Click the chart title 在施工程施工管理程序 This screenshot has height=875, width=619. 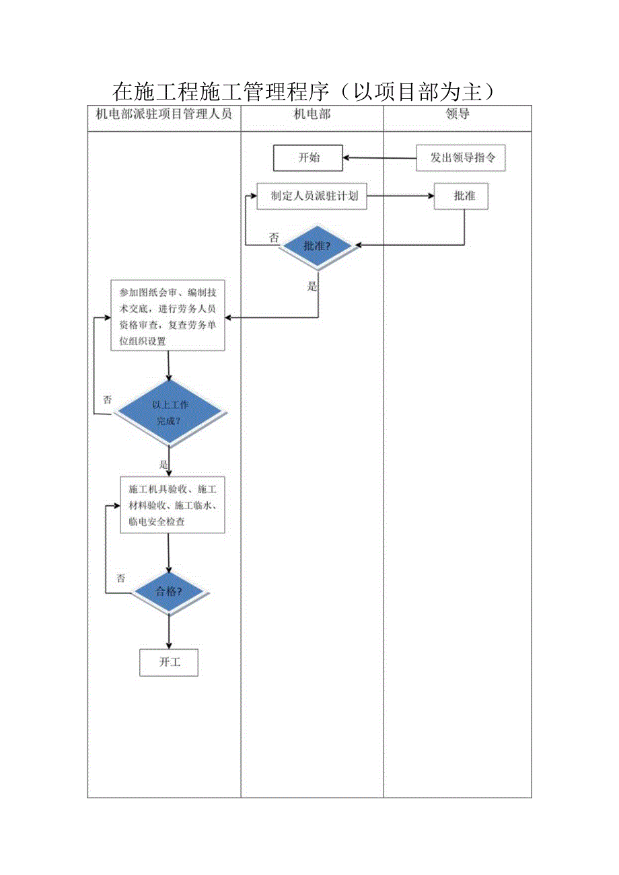305,91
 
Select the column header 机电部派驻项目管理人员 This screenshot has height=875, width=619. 163,114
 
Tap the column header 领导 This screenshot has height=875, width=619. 458,114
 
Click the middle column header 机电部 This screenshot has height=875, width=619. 312,114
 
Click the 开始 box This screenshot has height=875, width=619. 308,158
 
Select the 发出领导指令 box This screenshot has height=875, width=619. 461,158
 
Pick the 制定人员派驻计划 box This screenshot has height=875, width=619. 312,196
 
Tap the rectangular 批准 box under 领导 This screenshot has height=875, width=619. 462,196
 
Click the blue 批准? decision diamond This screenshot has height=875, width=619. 317,246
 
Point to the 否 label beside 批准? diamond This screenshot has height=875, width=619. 273,237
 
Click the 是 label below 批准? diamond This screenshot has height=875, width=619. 312,286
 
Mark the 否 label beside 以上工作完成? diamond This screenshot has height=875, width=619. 107,400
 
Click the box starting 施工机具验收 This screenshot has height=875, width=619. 172,504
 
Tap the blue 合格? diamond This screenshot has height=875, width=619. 169,593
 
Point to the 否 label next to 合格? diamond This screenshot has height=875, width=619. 120,578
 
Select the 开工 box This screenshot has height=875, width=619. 170,662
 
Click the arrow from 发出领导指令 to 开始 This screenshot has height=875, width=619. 379,159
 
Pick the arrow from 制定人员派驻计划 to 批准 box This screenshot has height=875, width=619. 400,196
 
